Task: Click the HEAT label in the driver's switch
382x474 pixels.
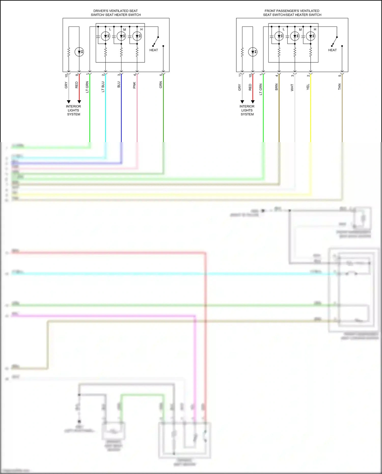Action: [154, 50]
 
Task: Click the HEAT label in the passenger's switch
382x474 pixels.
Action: [332, 50]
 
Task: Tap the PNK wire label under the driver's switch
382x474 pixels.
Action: [134, 85]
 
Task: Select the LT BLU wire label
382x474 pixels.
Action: [103, 87]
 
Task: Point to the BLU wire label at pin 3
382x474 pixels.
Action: [119, 85]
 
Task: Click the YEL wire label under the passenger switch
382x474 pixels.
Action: [308, 87]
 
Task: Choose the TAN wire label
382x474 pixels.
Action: [339, 87]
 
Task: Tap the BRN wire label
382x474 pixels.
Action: [277, 87]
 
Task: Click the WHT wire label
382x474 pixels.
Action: [292, 87]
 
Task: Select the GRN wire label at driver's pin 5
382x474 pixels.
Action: [161, 85]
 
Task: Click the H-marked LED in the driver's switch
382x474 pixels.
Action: [137, 36]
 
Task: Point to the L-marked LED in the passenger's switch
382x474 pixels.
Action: [279, 36]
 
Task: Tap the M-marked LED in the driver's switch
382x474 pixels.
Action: [121, 36]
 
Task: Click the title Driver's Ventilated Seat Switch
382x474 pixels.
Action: [116, 13]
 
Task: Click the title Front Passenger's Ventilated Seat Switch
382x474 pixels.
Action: [292, 13]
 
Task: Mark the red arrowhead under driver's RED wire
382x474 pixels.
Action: [79, 102]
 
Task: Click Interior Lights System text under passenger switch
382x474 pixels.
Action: [247, 110]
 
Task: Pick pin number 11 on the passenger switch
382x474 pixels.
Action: [240, 75]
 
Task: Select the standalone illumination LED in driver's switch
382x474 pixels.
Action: [79, 52]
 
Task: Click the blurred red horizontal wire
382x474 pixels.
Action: [107, 253]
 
